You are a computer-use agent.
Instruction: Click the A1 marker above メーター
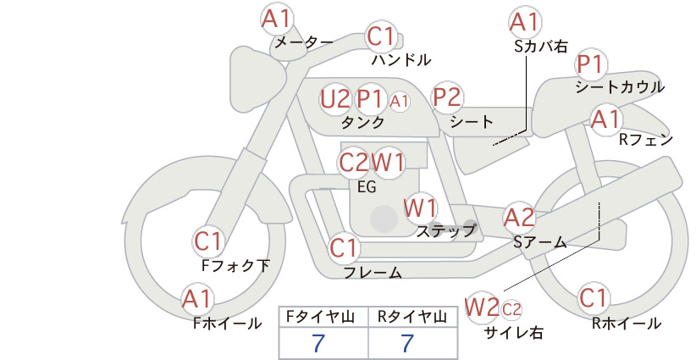(276, 19)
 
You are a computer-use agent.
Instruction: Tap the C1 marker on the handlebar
(380, 36)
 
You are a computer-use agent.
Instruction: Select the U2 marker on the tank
(335, 99)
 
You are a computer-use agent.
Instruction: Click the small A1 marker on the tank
(399, 102)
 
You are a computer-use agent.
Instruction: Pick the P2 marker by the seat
(447, 97)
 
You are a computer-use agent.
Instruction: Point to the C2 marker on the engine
(354, 163)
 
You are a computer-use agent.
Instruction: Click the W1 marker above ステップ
(420, 208)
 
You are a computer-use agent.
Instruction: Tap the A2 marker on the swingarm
(519, 218)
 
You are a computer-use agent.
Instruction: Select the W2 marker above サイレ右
(482, 307)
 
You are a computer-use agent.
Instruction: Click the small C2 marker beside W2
(511, 309)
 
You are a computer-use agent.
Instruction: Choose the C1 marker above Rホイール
(593, 298)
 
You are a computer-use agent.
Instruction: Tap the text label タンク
(362, 122)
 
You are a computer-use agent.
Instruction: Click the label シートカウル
(620, 87)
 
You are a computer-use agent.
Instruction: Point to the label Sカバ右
(541, 47)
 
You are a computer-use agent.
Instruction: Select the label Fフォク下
(235, 265)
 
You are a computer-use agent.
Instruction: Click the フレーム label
(373, 273)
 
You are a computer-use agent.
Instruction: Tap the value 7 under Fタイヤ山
(318, 343)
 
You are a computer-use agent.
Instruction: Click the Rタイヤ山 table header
(412, 317)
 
